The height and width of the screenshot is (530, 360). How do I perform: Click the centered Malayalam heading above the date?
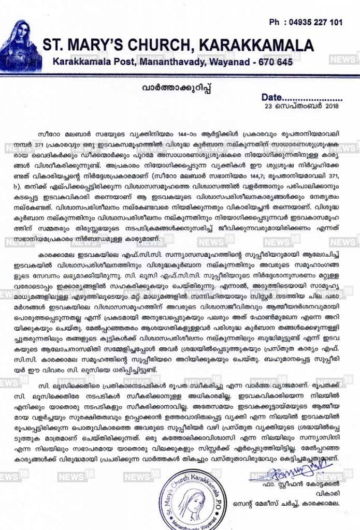180,85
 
